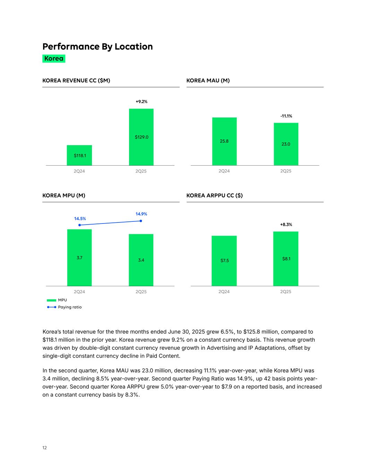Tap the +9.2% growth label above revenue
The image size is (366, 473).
point(141,102)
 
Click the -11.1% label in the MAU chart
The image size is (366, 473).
point(286,116)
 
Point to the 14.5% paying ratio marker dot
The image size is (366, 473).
point(80,225)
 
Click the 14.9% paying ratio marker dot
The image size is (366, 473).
point(141,221)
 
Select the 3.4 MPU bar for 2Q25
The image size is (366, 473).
point(141,260)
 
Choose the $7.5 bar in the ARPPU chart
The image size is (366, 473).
point(224,261)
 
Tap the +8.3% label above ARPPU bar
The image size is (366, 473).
point(286,225)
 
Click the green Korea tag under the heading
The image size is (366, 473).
point(54,59)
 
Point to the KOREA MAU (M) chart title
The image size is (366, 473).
point(208,81)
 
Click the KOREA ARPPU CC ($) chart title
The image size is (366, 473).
point(214,196)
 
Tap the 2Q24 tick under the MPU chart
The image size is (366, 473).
point(79,292)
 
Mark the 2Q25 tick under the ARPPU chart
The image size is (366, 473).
point(286,292)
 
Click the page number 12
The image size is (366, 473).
point(44,448)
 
